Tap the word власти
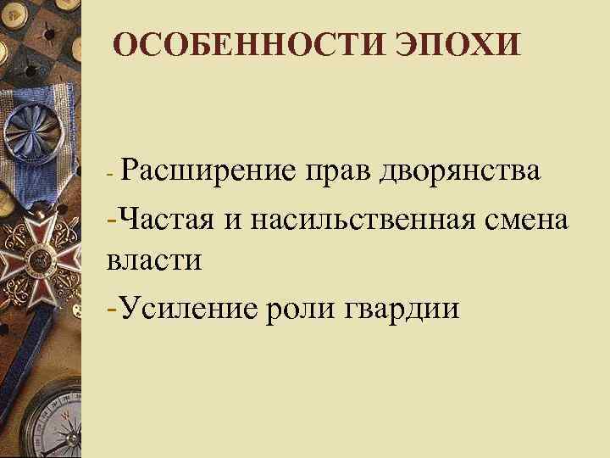[x=154, y=260]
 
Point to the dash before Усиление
[x=114, y=305]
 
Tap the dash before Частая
[x=114, y=219]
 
